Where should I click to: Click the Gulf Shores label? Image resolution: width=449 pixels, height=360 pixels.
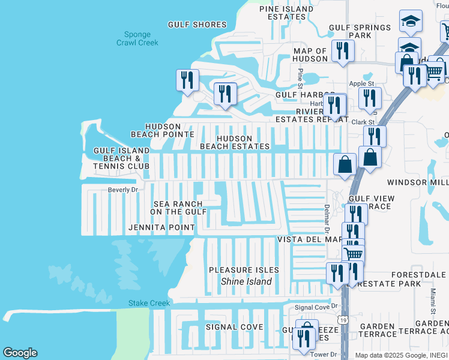pos(197,25)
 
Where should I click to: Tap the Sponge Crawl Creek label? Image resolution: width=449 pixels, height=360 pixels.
pos(137,39)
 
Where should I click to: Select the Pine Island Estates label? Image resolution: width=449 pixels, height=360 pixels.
pos(286,13)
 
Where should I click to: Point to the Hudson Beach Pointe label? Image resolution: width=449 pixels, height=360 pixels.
pos(162,130)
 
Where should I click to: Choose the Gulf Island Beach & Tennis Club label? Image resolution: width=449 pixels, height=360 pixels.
pos(121,158)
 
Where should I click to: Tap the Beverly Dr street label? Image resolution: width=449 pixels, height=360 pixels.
pos(123,190)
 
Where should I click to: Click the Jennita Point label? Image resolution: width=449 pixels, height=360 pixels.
pos(161,228)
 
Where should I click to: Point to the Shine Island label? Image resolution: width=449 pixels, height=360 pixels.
pos(246,281)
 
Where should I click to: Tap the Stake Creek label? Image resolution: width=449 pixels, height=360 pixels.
pos(149,304)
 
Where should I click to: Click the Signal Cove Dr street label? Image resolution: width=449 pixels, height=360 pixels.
pos(316,307)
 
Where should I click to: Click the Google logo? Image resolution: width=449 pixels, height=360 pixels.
pos(20,353)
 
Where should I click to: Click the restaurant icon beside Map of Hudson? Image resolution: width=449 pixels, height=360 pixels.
pos(342,51)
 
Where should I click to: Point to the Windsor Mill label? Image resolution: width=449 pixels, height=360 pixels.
pos(417,182)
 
